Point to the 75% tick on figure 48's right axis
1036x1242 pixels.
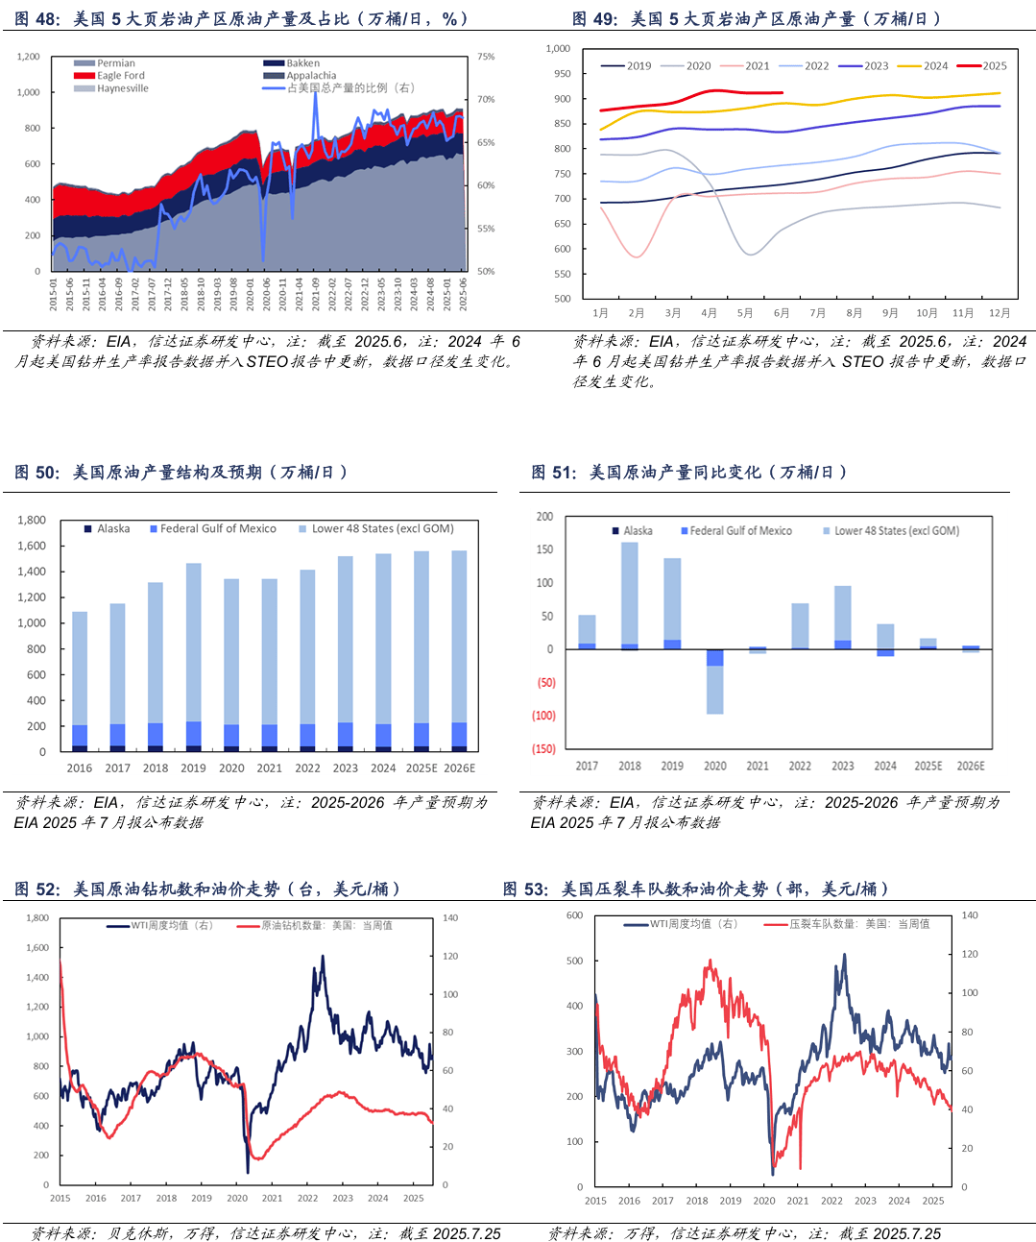click(x=486, y=57)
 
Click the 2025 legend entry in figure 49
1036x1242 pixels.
click(x=994, y=66)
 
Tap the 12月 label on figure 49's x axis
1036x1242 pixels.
click(x=999, y=313)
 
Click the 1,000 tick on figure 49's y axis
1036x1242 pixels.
click(x=558, y=48)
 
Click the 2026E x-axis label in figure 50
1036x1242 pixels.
click(x=459, y=768)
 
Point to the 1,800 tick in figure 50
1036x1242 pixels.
click(x=32, y=520)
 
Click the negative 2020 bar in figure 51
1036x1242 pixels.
click(x=714, y=682)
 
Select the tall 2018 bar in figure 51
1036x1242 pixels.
click(x=630, y=596)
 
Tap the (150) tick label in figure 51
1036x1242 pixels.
click(x=543, y=749)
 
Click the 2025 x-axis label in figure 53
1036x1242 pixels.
click(x=932, y=1201)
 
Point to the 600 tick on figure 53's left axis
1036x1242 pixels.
click(x=574, y=915)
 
